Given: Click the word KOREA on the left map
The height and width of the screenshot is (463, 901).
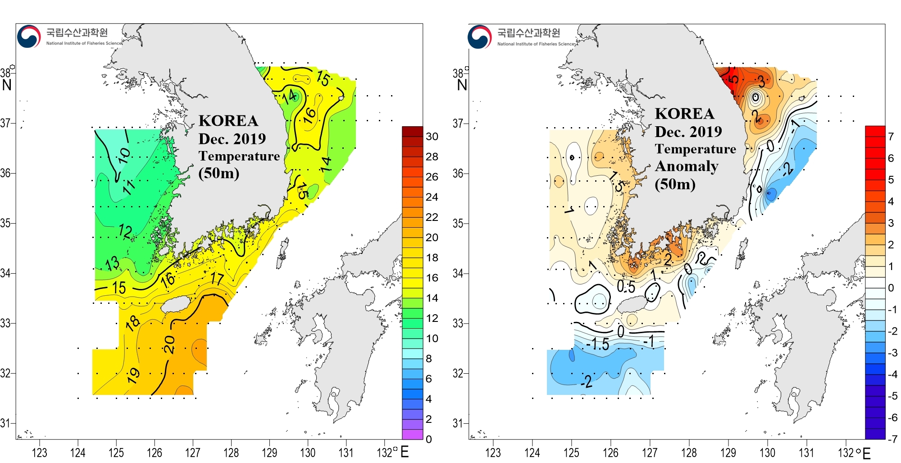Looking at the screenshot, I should [x=228, y=121].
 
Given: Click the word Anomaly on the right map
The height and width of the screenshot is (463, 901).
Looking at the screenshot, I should [x=687, y=166].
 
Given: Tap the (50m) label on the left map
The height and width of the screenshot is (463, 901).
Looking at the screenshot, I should [x=218, y=173].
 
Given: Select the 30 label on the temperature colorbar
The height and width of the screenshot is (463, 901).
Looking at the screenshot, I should [x=432, y=137].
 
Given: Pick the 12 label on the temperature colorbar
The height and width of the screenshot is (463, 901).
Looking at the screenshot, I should [x=432, y=318].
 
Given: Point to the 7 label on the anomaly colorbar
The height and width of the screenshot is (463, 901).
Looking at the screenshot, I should [x=891, y=137].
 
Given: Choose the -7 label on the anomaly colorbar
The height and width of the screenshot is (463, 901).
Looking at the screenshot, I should [x=892, y=439].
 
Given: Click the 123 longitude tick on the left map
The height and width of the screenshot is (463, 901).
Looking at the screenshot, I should [x=40, y=453].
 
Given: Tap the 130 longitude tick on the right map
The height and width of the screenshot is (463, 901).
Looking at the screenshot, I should [x=767, y=453].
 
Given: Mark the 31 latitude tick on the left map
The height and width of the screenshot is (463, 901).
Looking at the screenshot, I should [x=5, y=423].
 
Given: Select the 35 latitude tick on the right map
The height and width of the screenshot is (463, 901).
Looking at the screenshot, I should [x=458, y=223].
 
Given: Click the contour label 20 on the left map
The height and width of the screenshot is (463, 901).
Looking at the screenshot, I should [x=169, y=344].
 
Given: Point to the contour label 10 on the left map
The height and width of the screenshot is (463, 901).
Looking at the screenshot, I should [x=124, y=156].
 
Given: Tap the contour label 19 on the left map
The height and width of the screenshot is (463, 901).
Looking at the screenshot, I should [x=133, y=375].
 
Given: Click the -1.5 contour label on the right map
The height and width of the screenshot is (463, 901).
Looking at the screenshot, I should [x=597, y=344].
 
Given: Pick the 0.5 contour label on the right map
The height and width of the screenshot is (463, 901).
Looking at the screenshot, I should [x=626, y=287].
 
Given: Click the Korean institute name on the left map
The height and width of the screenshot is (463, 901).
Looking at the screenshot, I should [x=77, y=32].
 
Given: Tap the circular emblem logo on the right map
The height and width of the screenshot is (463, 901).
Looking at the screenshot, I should [x=479, y=37].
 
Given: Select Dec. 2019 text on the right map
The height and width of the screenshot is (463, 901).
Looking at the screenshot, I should [x=688, y=132].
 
